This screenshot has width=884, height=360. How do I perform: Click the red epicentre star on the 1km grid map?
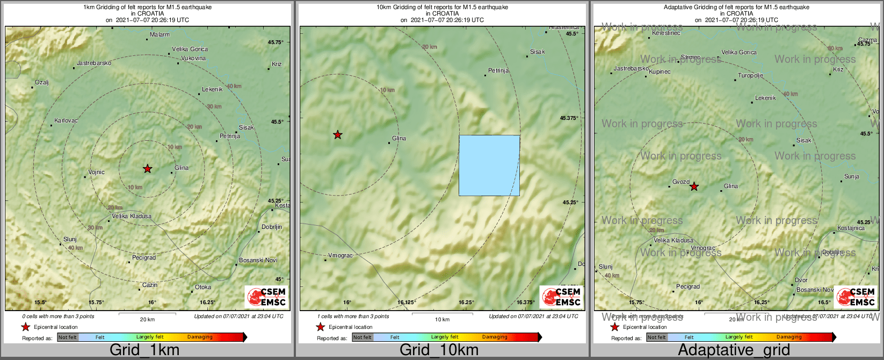[148, 169]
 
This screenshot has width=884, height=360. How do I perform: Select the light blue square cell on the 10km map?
[489, 165]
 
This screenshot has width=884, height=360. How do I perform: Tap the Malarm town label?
[160, 35]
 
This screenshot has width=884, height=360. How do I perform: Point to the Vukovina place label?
[193, 59]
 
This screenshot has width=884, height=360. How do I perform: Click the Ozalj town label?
[42, 83]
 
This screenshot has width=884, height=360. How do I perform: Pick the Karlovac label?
[66, 121]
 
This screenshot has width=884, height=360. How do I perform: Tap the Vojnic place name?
[97, 172]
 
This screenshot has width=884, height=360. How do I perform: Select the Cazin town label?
[150, 285]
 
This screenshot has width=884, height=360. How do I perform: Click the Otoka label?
[203, 287]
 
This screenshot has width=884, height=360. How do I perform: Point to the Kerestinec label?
[666, 33]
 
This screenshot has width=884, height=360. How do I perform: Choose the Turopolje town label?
[750, 76]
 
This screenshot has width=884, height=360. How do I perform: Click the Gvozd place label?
[681, 182]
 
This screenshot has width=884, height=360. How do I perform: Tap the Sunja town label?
[852, 177]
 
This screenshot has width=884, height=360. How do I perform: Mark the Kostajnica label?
[851, 228]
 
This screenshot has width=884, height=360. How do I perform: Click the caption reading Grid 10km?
[439, 350]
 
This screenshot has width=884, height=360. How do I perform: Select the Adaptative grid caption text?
[734, 350]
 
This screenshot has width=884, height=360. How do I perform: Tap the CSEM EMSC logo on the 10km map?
[561, 297]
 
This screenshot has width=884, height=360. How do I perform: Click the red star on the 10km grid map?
[337, 135]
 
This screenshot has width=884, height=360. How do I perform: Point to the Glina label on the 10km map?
[399, 139]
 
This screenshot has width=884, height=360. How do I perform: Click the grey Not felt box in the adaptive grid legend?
[656, 337]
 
